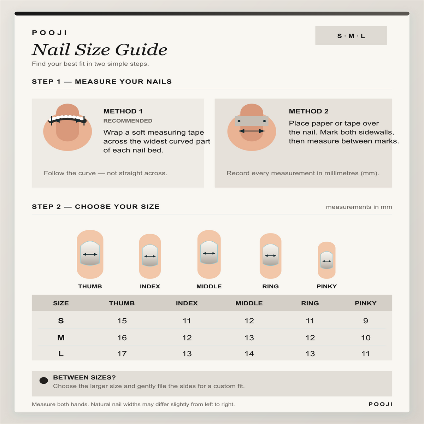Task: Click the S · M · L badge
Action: tap(351, 35)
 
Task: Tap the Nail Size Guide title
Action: tap(99, 49)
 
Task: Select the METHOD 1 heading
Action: tap(123, 111)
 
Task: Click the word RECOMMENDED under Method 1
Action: tap(128, 121)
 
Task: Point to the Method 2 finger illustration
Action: tap(252, 127)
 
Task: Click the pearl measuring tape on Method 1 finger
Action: tap(67, 119)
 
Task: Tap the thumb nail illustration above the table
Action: tap(90, 254)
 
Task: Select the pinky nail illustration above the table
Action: tap(326, 260)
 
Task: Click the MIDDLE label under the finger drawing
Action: tap(209, 286)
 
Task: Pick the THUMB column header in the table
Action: tap(122, 303)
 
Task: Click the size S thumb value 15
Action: tap(122, 321)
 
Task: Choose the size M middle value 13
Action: tap(249, 337)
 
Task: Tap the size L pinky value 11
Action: tap(365, 354)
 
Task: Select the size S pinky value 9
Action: tap(365, 321)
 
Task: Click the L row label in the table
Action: tap(61, 354)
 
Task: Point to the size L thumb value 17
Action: tap(122, 354)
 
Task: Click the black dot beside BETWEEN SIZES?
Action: tap(43, 381)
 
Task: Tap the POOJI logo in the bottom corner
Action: tap(381, 404)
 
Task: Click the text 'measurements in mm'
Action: tap(359, 207)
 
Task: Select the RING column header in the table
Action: tap(310, 303)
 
